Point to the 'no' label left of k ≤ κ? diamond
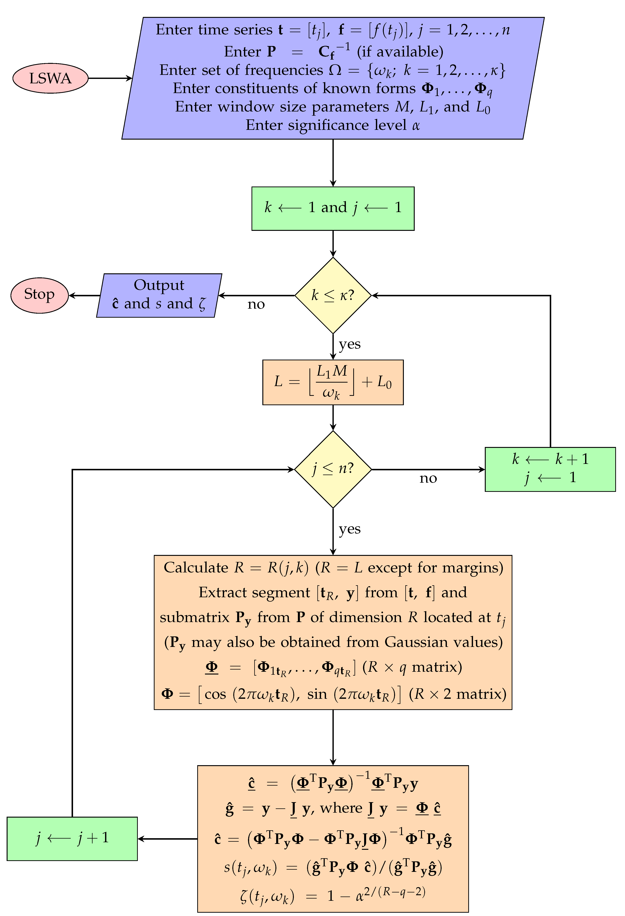256,304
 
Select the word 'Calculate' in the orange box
196,568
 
